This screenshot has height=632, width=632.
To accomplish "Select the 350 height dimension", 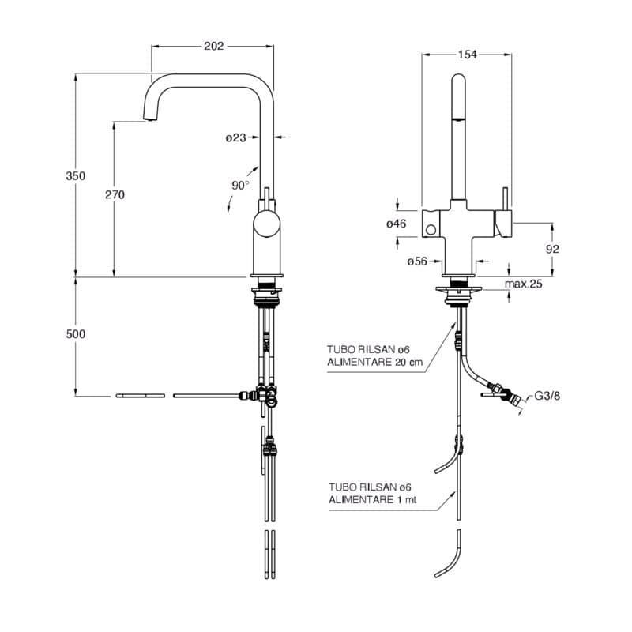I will pos(75,176).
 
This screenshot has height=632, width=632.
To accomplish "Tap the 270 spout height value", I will pos(115,194).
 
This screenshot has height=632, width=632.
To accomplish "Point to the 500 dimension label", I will pos(75,334).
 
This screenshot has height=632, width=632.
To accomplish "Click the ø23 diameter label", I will pos(235,137).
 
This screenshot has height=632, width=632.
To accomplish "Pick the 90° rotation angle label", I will pos(240,185).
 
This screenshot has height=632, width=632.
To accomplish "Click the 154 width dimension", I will pos(467,55).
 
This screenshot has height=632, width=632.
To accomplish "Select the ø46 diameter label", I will pos(396,224).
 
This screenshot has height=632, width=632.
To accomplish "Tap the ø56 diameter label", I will pos(416,261).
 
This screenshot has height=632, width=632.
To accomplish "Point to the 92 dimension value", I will pos(552,249).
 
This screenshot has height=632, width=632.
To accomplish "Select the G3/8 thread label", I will pos(547,396).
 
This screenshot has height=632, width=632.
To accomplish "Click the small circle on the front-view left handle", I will pos(431,230).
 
